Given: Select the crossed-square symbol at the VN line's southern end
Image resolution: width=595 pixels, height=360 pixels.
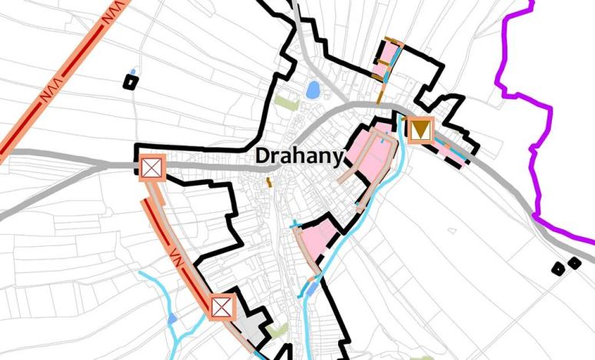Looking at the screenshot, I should (222, 306).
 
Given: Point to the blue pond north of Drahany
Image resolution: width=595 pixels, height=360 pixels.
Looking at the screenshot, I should (313, 90).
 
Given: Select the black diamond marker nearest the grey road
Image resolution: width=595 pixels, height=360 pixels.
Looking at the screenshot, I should (573, 263).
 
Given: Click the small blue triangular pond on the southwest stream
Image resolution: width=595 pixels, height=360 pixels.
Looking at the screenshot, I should (171, 318).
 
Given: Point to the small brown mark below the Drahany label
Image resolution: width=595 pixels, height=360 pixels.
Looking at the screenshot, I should (268, 182).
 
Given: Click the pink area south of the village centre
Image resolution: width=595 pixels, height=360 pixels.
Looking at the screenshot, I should (319, 238).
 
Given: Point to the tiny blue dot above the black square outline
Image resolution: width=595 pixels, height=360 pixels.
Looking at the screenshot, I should (133, 72).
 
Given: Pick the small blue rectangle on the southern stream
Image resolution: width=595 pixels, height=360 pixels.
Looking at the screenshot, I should (311, 288).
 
